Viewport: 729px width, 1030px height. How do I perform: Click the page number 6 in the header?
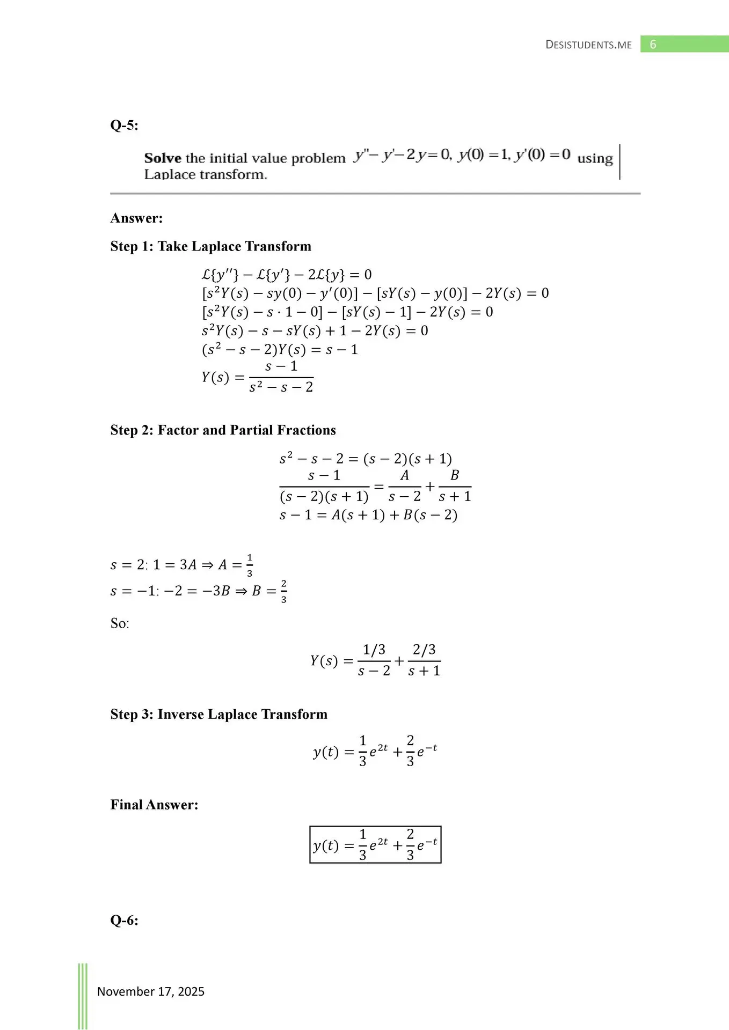[x=653, y=45]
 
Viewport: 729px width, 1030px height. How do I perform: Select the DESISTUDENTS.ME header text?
[x=588, y=45]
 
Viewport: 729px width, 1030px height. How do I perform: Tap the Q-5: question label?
[x=124, y=126]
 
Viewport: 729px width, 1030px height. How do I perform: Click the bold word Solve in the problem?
[x=163, y=158]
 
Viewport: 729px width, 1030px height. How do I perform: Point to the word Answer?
[x=136, y=218]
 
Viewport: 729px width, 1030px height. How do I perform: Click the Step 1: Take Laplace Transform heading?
[x=210, y=246]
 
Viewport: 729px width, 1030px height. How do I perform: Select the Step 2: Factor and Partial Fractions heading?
[x=223, y=430]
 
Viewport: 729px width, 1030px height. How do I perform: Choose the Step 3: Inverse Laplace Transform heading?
[x=218, y=715]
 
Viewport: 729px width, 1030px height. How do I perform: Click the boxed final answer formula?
[x=375, y=844]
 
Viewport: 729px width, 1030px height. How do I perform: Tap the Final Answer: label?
[x=154, y=805]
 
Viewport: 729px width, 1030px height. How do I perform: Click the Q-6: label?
[x=124, y=921]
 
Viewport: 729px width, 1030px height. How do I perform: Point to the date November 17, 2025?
[x=151, y=991]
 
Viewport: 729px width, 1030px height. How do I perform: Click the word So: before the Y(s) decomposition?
[x=120, y=623]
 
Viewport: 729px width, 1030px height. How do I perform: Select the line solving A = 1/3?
[x=181, y=565]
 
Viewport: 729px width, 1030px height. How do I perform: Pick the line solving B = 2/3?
[x=198, y=591]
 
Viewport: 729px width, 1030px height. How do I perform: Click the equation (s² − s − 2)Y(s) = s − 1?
[x=280, y=350]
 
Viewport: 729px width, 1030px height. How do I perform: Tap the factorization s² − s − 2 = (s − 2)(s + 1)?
[x=366, y=459]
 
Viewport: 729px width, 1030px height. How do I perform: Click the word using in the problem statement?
[x=595, y=158]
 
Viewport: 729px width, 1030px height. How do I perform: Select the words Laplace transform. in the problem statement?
[x=206, y=174]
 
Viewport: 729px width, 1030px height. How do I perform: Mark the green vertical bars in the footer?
[x=83, y=995]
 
